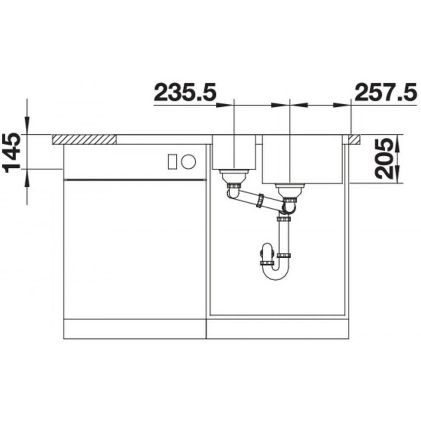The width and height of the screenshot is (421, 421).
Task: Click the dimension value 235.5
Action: (185, 93)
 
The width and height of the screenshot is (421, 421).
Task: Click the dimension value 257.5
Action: (386, 93)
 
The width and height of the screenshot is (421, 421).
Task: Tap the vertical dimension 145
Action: (11, 152)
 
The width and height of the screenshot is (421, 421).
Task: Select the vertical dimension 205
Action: (385, 159)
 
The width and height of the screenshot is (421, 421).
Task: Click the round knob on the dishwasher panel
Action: (188, 162)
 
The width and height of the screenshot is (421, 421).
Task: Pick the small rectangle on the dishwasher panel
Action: (172, 162)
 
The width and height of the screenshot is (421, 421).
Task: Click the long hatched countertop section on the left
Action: (85, 139)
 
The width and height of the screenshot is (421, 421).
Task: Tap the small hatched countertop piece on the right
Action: (354, 139)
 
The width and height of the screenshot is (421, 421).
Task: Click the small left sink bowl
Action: (234, 153)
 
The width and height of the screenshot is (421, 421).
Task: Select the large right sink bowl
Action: (302, 159)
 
